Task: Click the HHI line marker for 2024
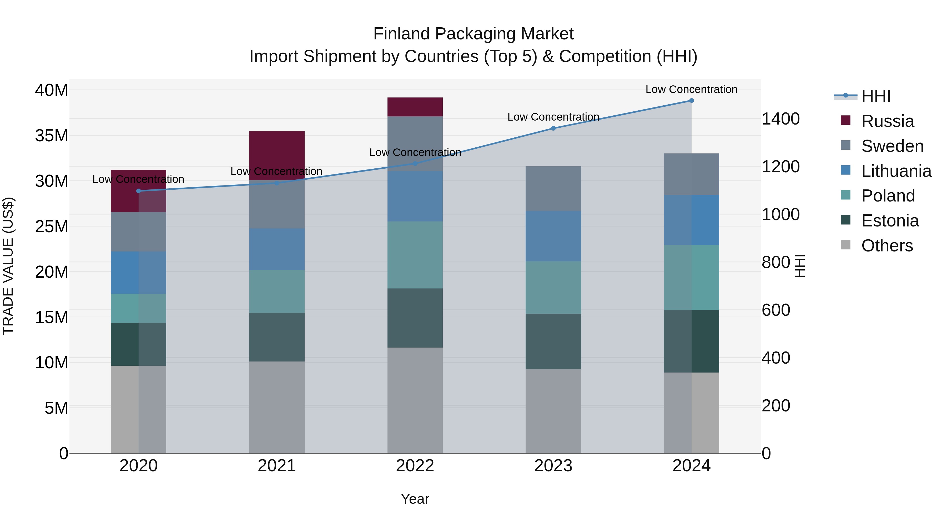click(691, 101)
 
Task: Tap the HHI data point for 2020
click(139, 191)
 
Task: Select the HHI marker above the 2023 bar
click(553, 128)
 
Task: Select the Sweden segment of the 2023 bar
click(553, 188)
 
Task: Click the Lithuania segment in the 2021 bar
click(277, 249)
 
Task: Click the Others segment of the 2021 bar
click(277, 407)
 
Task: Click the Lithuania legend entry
click(896, 171)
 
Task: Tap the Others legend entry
click(887, 246)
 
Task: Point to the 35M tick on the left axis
click(52, 136)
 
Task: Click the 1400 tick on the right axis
click(780, 119)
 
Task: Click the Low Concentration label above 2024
click(691, 89)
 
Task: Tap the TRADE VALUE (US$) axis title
click(8, 266)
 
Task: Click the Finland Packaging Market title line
click(473, 34)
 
